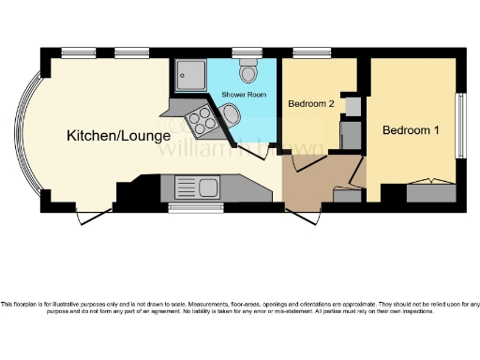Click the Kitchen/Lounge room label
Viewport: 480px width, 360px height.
[x=103, y=137]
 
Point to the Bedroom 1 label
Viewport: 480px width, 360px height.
[x=412, y=130]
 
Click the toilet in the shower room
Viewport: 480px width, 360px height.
[x=248, y=71]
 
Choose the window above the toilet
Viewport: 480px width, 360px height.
[x=247, y=52]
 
